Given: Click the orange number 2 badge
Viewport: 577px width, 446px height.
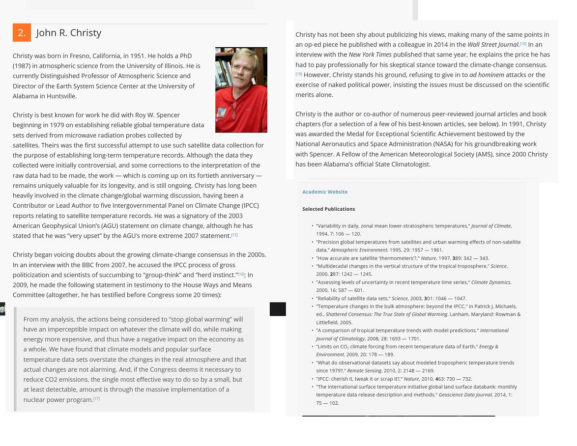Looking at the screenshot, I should point(22,33).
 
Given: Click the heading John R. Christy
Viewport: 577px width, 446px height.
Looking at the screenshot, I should point(68,33).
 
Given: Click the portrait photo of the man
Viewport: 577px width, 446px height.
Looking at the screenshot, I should point(241,90).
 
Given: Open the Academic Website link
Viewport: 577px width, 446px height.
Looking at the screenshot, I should point(324,192).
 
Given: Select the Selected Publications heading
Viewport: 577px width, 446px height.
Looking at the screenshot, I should point(328,209).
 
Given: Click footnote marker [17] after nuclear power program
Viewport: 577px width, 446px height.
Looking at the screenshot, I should point(97,399).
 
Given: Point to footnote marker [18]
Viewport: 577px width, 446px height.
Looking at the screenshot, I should point(523,44).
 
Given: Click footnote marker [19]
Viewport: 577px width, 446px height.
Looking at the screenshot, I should point(299,74).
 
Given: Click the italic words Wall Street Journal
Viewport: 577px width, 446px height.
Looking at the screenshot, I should point(493,45).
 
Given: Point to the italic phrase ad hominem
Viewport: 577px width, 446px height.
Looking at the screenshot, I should point(487,75).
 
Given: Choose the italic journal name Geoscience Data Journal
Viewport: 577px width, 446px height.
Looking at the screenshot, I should point(464,395).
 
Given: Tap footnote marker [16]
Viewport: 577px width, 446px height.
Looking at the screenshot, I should point(241,275).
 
